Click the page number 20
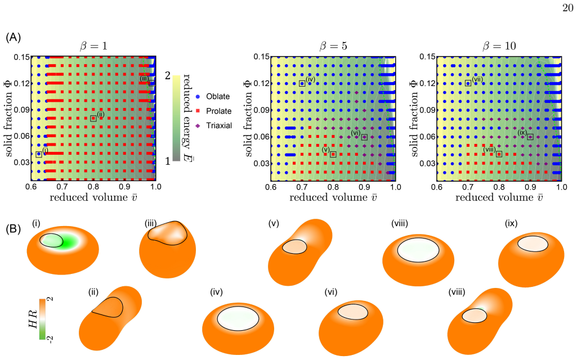point(568,8)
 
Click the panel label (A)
point(14,37)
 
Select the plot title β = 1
point(94,46)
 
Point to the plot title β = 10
point(499,46)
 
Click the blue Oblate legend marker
point(198,96)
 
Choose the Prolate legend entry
point(213,111)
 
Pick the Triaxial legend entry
point(214,126)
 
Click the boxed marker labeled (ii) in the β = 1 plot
point(93,119)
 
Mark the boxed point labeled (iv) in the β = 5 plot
point(302,83)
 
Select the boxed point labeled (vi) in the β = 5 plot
point(364,137)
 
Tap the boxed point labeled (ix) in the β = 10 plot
point(530,137)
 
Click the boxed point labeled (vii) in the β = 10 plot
point(468,83)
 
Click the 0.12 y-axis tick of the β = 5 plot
point(262,83)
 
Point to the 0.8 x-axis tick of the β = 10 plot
point(499,187)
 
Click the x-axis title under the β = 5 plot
point(333,197)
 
